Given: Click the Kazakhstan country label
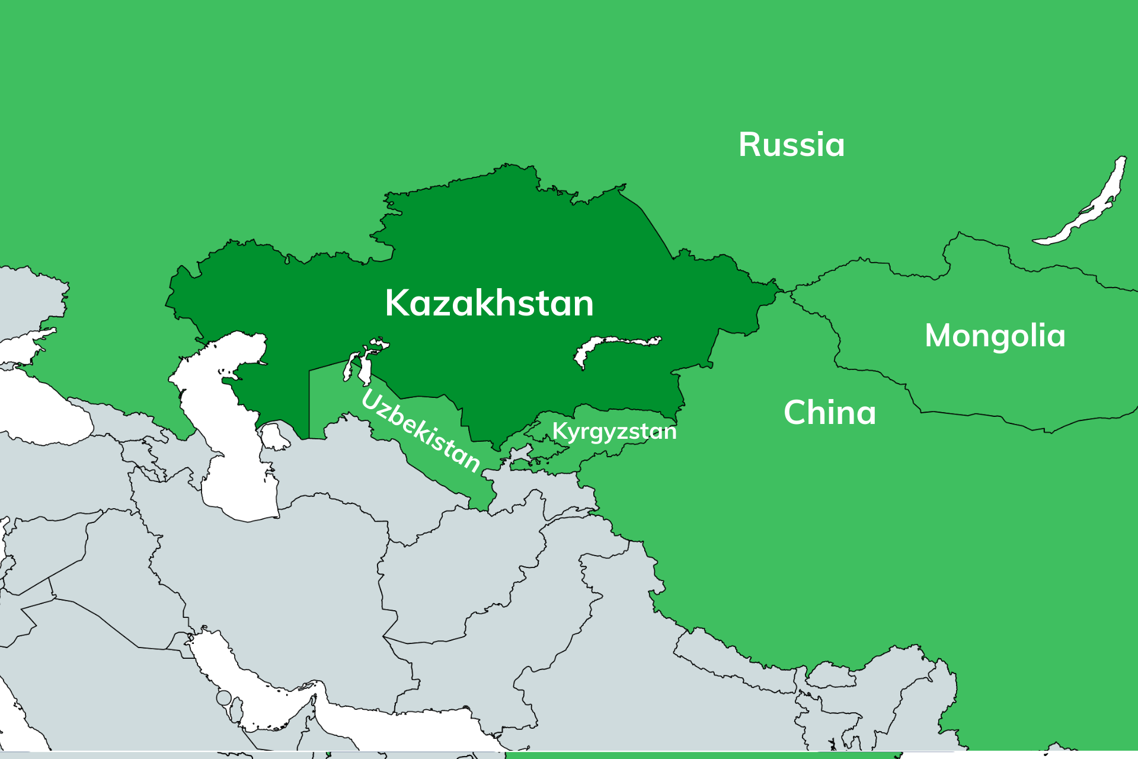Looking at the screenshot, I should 489,303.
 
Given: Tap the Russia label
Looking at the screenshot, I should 791,145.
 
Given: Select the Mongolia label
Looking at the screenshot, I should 995,336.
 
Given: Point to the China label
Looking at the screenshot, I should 829,413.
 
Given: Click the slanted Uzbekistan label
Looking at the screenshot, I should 420,431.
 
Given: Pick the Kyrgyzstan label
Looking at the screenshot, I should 614,431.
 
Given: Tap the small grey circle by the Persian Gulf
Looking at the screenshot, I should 223,698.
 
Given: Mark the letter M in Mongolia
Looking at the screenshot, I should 939,336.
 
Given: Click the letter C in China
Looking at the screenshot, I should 795,413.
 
